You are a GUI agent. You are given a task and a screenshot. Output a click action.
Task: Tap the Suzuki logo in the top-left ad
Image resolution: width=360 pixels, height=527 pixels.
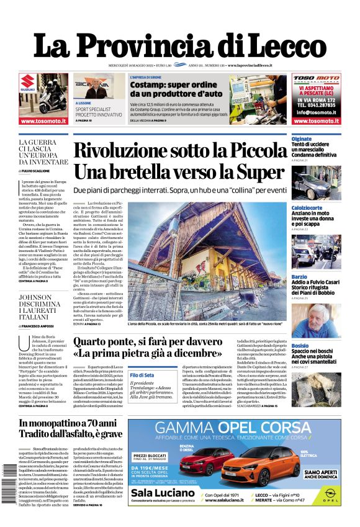(x=27, y=83)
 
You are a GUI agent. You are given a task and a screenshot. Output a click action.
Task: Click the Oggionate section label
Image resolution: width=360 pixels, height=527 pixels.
(x=302, y=139)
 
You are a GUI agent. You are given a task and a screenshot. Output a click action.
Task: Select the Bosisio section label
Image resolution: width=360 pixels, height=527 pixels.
(x=300, y=346)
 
